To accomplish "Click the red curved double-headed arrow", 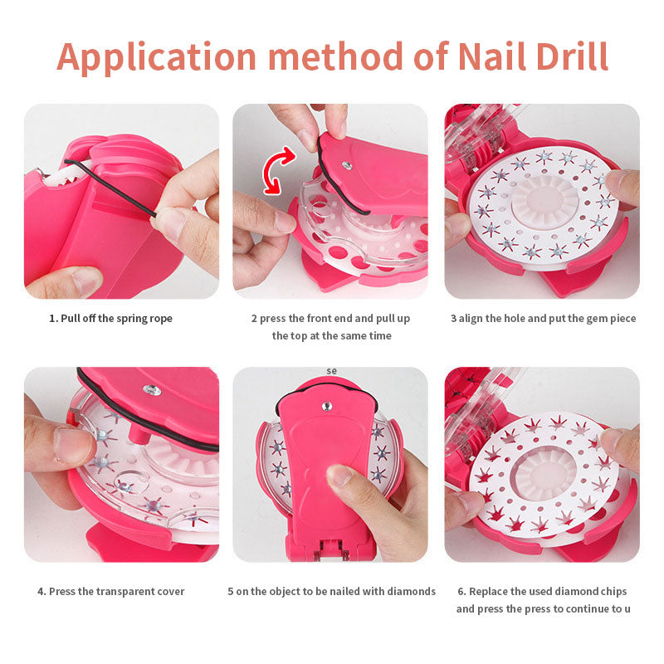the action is pos(277,169).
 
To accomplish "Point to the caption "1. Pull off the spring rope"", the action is pos(111,319).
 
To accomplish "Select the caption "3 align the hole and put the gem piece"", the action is pos(544,319).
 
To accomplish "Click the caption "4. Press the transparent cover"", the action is pos(111,592).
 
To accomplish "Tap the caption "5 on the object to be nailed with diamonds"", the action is pos(331,592).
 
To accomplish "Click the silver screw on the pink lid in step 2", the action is pos(347,165).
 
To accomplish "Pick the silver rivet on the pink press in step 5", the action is pos(327,406).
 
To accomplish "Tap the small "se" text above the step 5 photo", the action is pos(331,371).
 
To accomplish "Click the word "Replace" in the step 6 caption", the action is pos(488,592).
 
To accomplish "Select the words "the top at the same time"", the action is pos(331,336).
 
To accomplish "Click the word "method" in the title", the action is pos(336,56).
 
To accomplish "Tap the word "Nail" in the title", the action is pos(491,56).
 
